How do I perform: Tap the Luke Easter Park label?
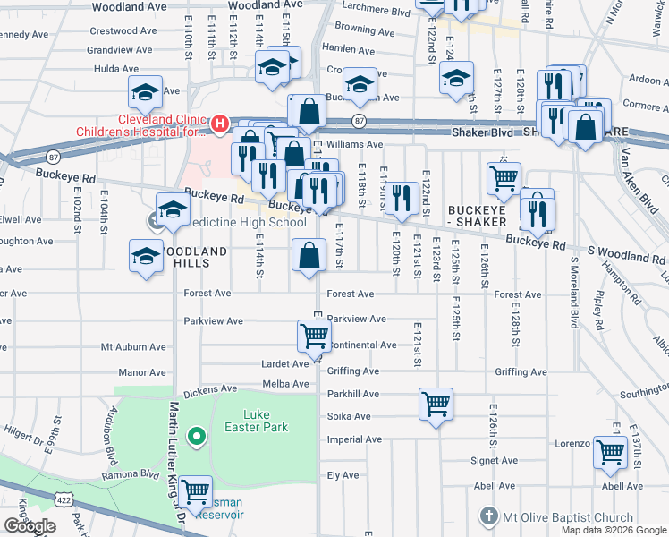tap(267, 421)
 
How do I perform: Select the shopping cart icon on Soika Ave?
tap(436, 404)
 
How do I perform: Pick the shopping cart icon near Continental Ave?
tap(314, 336)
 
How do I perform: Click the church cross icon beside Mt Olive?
tap(488, 516)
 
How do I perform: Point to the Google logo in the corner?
tap(30, 526)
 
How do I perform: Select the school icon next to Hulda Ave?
tap(145, 90)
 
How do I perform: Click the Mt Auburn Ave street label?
tap(133, 346)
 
